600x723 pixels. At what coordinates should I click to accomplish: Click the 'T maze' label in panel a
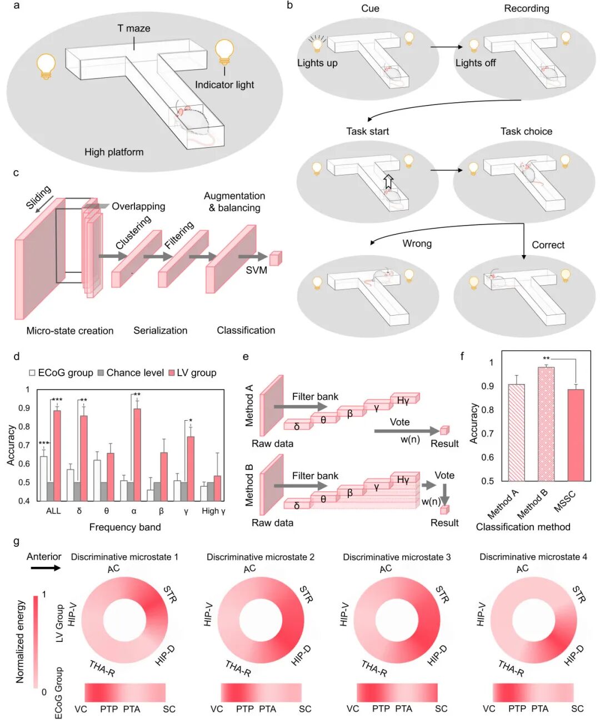(133, 28)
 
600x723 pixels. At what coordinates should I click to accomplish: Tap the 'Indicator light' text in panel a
(224, 84)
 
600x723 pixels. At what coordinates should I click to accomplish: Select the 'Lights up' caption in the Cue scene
(317, 63)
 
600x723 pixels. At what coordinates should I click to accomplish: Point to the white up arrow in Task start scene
(388, 181)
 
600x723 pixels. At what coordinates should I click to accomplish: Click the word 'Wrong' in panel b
(417, 243)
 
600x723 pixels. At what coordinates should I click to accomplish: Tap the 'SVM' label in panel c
(257, 270)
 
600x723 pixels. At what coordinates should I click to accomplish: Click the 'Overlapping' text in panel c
(138, 206)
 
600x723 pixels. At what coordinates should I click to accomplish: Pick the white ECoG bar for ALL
(44, 478)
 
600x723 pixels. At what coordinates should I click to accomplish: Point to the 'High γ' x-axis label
(213, 511)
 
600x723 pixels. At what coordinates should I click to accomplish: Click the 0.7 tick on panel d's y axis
(24, 445)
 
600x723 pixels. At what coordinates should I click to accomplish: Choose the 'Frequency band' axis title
(125, 527)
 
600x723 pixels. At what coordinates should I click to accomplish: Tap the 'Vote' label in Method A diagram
(399, 422)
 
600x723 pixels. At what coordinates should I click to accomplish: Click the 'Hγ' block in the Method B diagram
(403, 480)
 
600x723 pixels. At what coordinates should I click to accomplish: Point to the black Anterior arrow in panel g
(45, 568)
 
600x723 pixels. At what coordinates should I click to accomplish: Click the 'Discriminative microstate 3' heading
(397, 557)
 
